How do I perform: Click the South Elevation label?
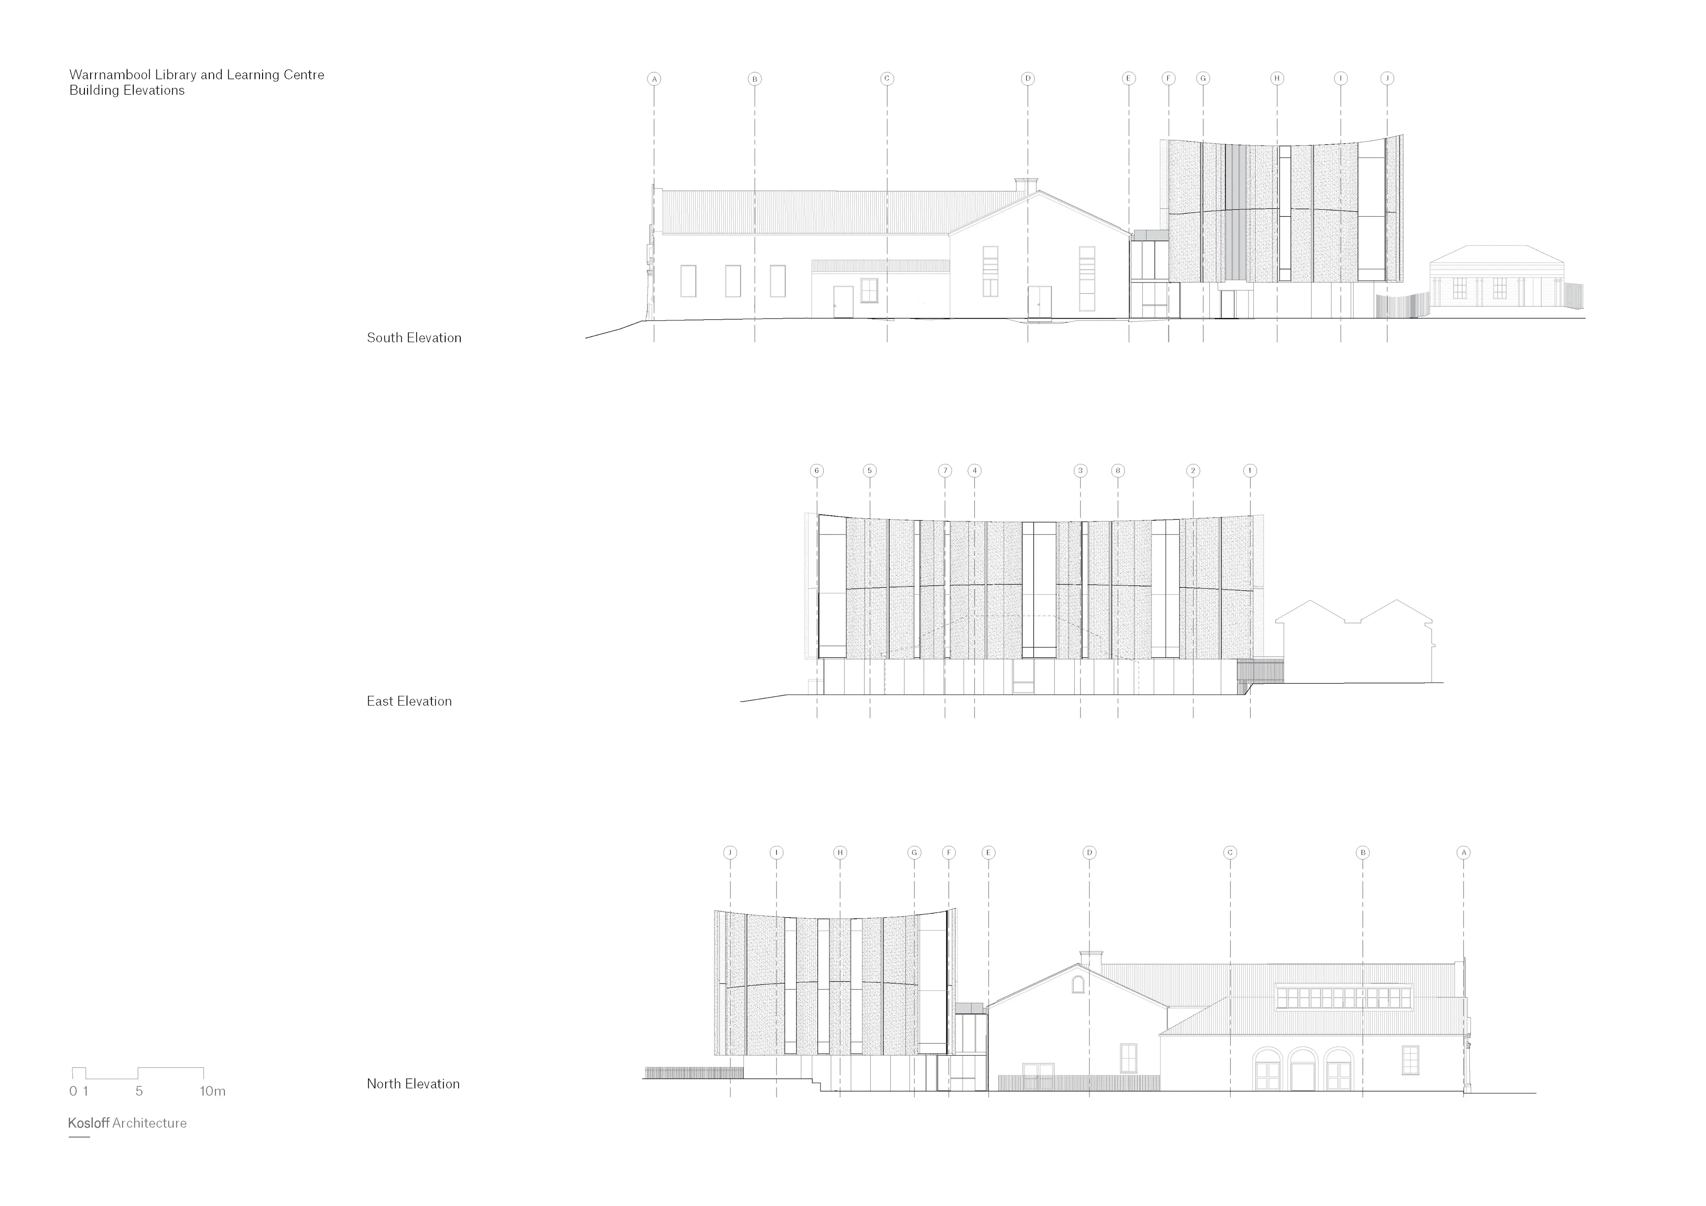pyautogui.click(x=414, y=338)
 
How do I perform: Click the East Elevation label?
pyautogui.click(x=409, y=701)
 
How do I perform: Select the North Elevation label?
pyautogui.click(x=413, y=1084)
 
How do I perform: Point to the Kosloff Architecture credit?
pyautogui.click(x=127, y=1123)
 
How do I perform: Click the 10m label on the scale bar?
pyautogui.click(x=212, y=1091)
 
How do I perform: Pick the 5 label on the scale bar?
pyautogui.click(x=139, y=1091)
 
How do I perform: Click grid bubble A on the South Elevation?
pyautogui.click(x=654, y=79)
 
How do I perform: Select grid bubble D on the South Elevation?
pyautogui.click(x=1028, y=79)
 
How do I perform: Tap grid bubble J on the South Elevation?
pyautogui.click(x=1387, y=78)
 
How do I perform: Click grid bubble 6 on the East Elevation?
pyautogui.click(x=817, y=470)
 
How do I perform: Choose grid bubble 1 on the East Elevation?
pyautogui.click(x=1250, y=470)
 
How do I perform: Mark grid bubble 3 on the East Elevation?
pyautogui.click(x=1080, y=470)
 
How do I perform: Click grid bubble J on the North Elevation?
pyautogui.click(x=729, y=852)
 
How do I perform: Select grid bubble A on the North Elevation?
pyautogui.click(x=1464, y=852)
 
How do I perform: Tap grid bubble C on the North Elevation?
pyautogui.click(x=1230, y=852)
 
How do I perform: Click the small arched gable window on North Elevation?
pyautogui.click(x=1077, y=984)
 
